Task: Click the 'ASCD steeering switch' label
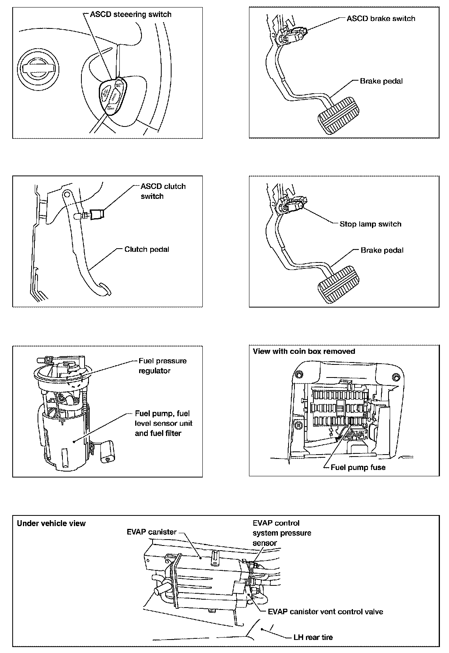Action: (x=130, y=15)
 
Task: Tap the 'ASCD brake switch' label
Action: (x=381, y=19)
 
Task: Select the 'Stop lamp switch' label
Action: (x=370, y=224)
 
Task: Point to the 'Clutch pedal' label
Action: (x=147, y=249)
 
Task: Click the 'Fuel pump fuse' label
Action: (x=358, y=468)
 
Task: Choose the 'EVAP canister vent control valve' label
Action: (x=325, y=611)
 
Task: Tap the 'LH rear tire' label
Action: (x=313, y=637)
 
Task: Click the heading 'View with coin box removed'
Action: (x=304, y=351)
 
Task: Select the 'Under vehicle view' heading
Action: (x=51, y=523)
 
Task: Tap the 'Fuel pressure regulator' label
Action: (x=162, y=366)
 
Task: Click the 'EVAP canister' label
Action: (x=151, y=532)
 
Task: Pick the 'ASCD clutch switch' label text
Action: (x=163, y=191)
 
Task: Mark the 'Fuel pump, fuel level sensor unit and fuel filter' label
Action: (x=164, y=423)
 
